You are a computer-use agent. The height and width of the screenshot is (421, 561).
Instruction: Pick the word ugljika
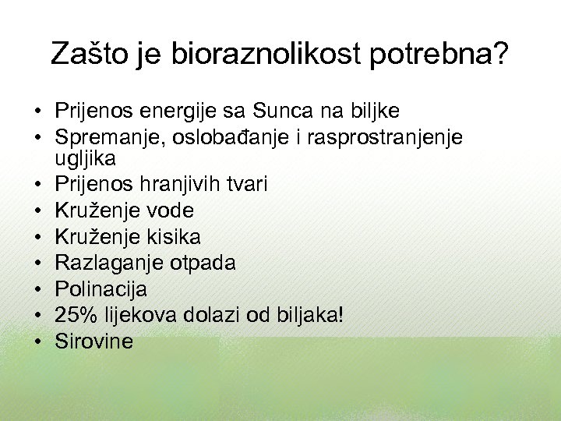pyautogui.click(x=85, y=160)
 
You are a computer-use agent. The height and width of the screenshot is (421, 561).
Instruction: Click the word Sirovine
pyautogui.click(x=93, y=341)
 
